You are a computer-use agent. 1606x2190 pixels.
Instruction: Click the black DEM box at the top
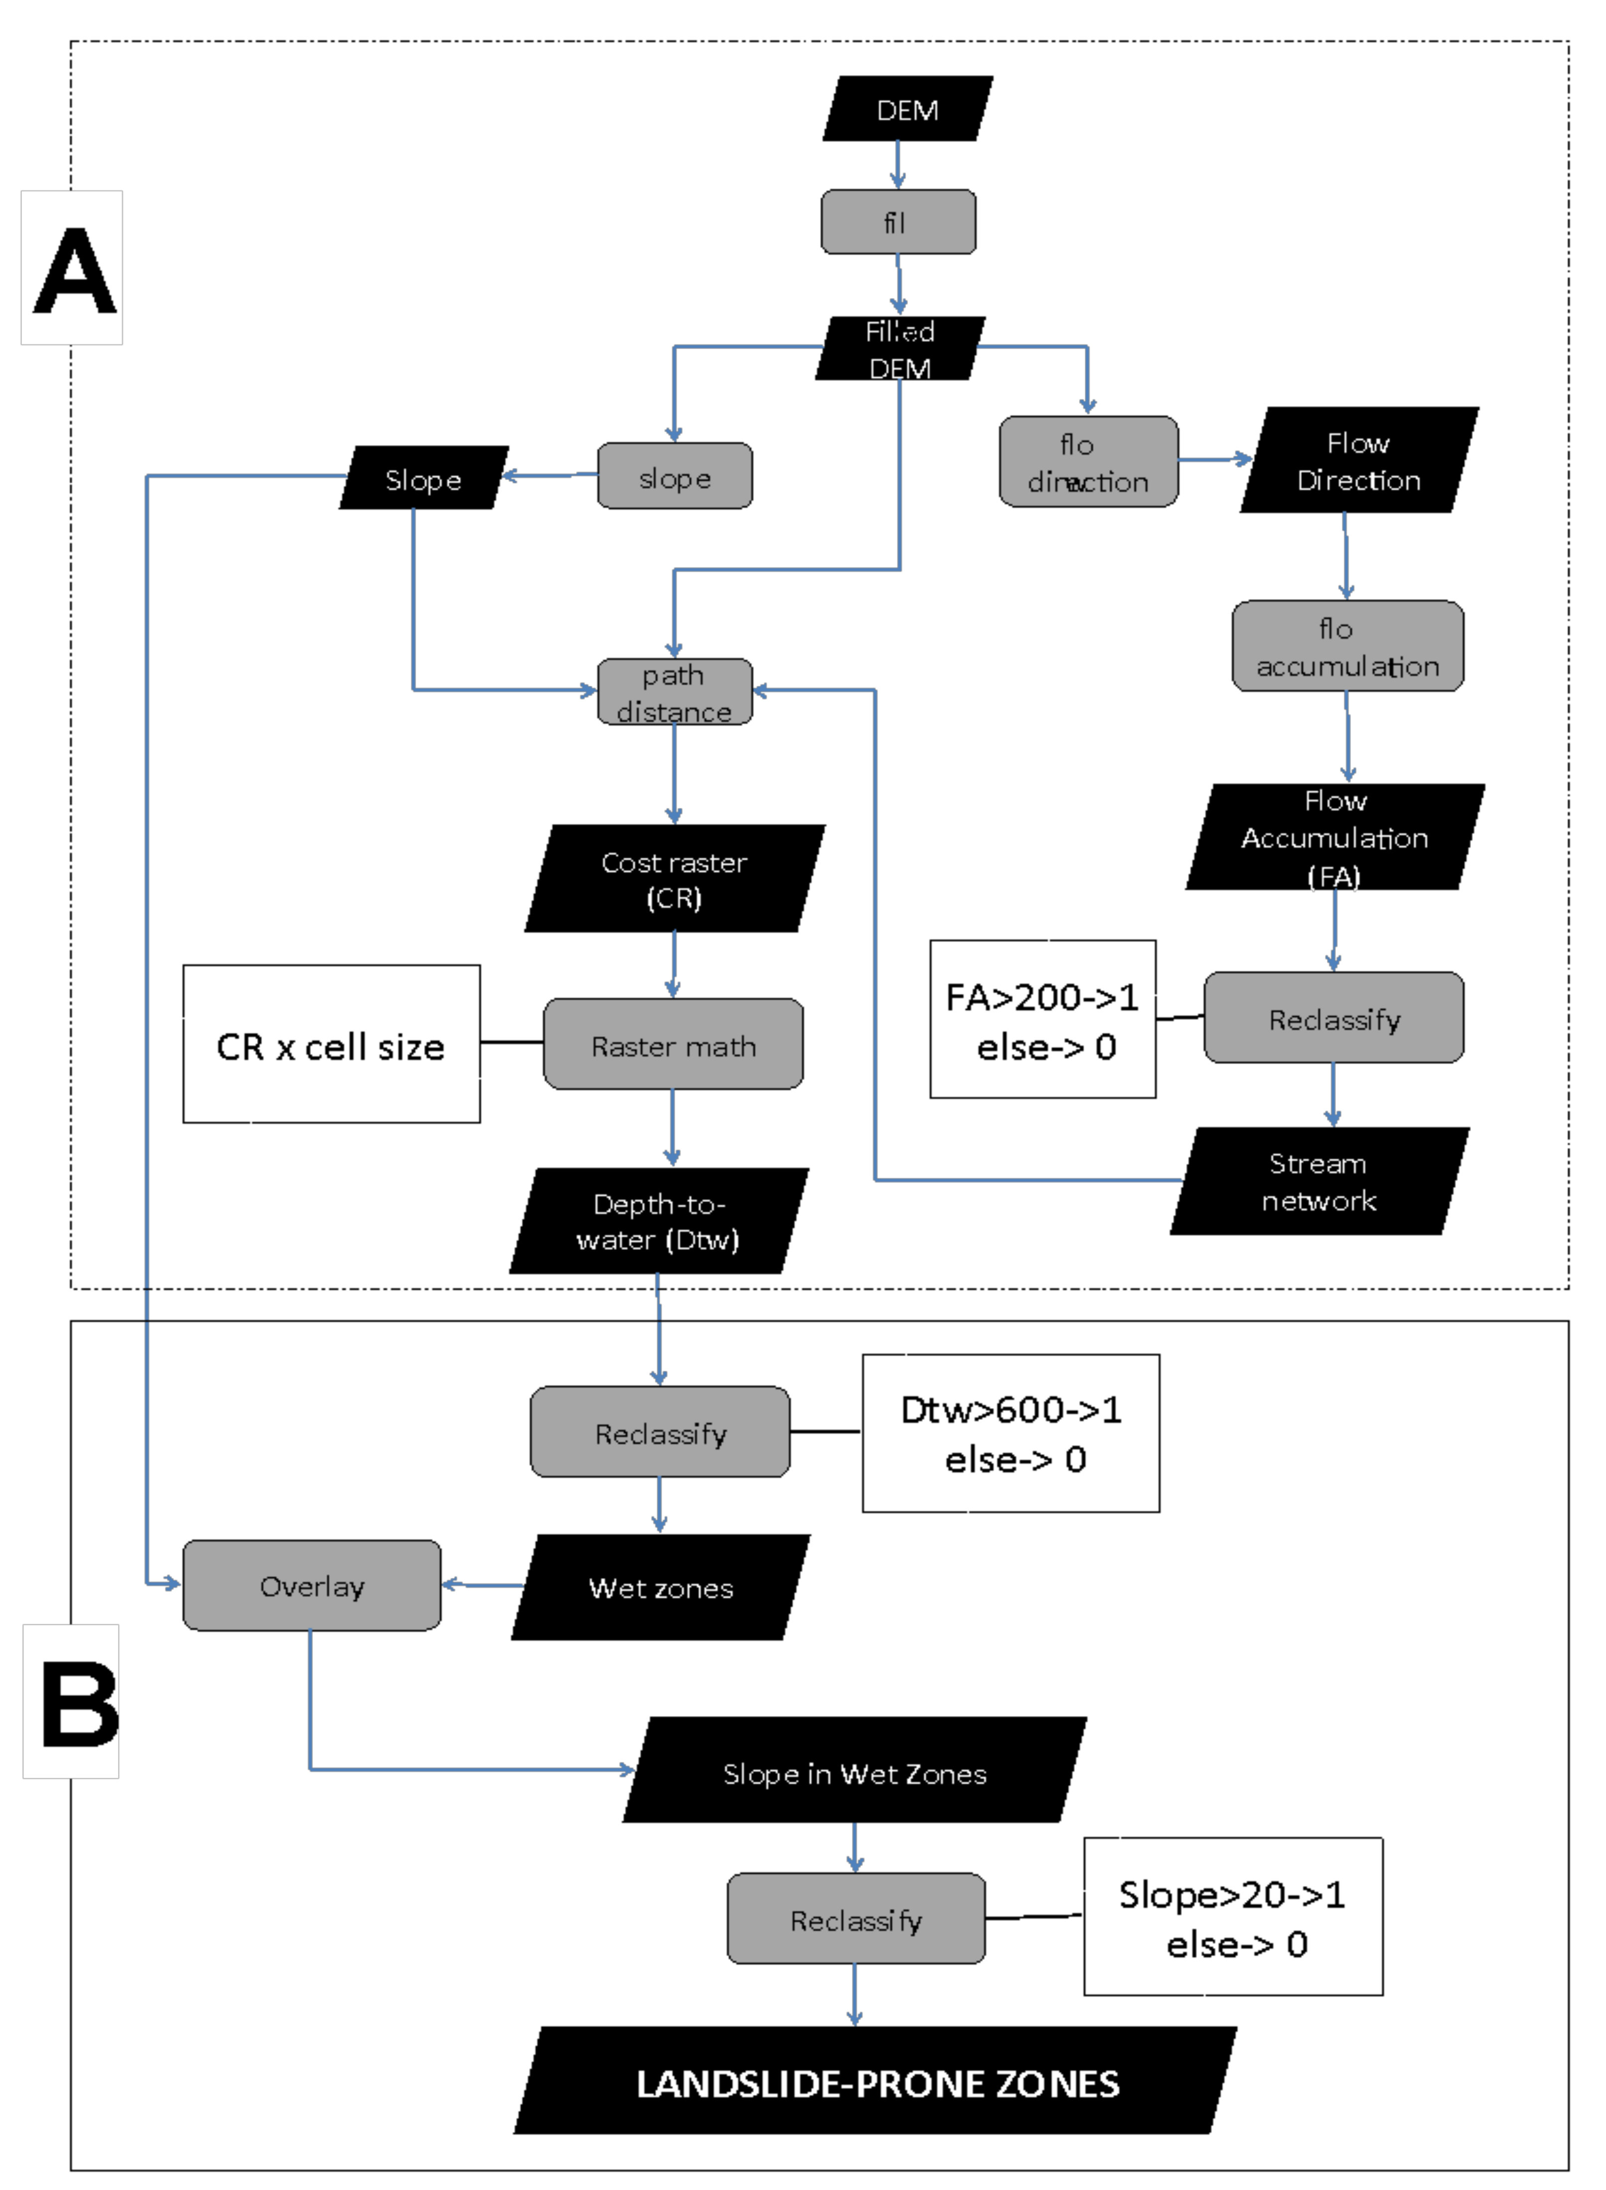click(907, 109)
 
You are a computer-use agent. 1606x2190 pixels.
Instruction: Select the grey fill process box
click(898, 222)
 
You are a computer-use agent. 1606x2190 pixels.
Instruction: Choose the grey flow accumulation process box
click(1347, 647)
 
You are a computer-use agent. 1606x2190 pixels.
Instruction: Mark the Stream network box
click(1319, 1182)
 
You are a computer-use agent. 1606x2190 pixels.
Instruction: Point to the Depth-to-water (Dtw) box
click(659, 1222)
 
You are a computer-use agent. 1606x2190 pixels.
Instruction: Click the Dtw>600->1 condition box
click(1011, 1433)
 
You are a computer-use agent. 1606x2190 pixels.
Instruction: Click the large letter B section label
click(78, 1703)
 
